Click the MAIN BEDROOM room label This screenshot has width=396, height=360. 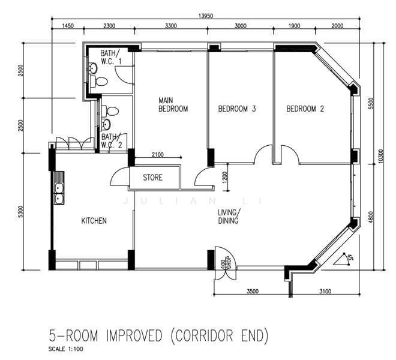pyautogui.click(x=173, y=104)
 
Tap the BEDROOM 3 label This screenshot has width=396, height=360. pyautogui.click(x=237, y=109)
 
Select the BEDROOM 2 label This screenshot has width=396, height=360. pyautogui.click(x=305, y=109)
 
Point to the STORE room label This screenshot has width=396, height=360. pyautogui.click(x=152, y=178)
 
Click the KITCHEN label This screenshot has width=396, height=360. pyautogui.click(x=94, y=221)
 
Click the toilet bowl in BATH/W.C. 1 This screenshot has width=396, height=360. pyautogui.click(x=99, y=81)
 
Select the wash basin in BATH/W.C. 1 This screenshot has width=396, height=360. pyautogui.click(x=93, y=68)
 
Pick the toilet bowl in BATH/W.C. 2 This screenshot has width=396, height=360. pyautogui.click(x=110, y=111)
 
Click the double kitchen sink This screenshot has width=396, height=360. pyautogui.click(x=59, y=188)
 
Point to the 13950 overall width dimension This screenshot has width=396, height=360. pyautogui.click(x=206, y=16)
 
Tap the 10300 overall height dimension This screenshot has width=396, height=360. pyautogui.click(x=381, y=156)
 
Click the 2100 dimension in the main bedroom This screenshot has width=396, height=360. pyautogui.click(x=158, y=154)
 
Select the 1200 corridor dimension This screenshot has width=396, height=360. pyautogui.click(x=225, y=177)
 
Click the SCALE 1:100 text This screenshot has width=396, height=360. pyautogui.click(x=65, y=349)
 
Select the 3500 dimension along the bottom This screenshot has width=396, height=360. pyautogui.click(x=253, y=291)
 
